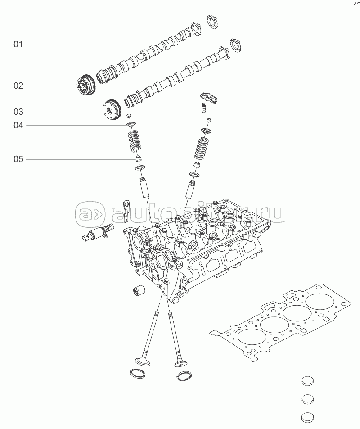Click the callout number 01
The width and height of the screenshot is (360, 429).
18,45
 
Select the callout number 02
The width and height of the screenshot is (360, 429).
18,86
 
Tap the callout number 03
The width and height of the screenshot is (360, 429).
18,111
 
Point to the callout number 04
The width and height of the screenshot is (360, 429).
18,125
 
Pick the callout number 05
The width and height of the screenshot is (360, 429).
18,159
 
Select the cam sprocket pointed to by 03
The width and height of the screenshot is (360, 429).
111,109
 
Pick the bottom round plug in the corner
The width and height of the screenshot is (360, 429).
307,417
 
